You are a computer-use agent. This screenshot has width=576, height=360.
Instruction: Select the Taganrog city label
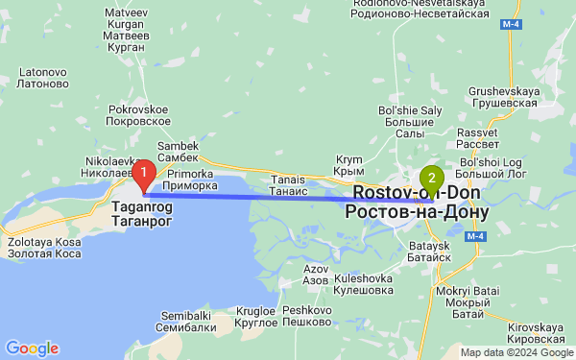point(143,213)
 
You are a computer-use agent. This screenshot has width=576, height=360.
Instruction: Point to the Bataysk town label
point(428,252)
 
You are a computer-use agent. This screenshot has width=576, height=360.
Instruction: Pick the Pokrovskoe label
point(138,115)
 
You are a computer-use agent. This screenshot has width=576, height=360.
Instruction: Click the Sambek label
point(178,151)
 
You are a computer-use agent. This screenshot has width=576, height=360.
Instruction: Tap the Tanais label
point(288,184)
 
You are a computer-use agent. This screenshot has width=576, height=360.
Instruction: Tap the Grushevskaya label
point(502,96)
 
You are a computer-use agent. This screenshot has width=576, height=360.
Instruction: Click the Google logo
point(32,348)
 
